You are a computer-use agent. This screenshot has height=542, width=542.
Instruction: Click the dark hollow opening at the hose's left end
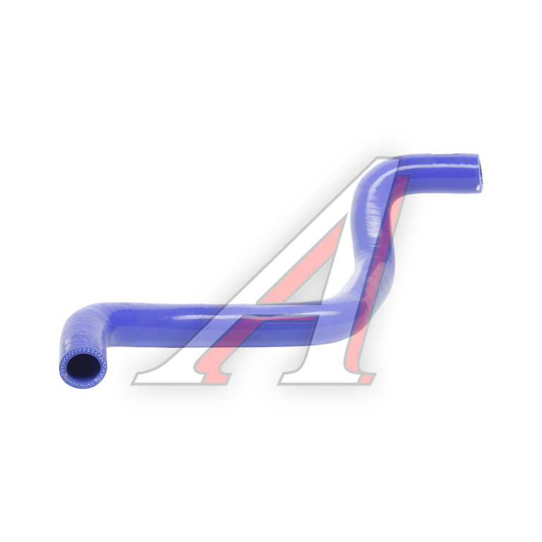[83, 367]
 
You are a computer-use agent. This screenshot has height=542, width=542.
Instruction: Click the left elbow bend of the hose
[83, 322]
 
